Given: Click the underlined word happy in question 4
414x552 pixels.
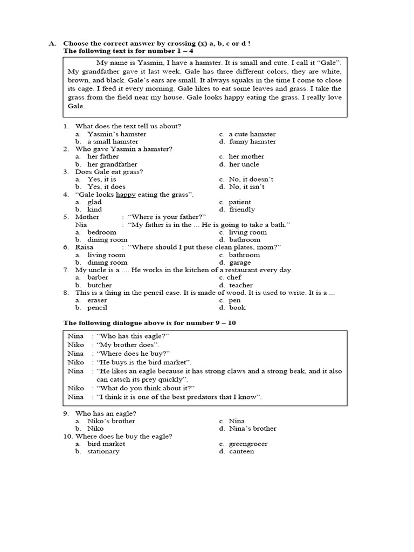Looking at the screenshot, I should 127,195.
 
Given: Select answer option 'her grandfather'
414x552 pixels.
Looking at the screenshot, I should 112,164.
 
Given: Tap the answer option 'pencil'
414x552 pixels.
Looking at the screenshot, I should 98,308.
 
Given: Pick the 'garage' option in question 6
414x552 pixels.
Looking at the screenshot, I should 240,263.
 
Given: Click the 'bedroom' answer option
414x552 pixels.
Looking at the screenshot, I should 102,232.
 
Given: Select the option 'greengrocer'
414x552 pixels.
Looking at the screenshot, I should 248,444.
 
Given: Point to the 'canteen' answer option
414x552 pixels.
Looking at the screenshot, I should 241,452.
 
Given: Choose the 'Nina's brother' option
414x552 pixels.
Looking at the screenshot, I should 252,429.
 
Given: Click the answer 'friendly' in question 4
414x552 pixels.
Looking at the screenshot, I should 242,210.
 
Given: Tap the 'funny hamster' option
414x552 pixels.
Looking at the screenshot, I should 252,142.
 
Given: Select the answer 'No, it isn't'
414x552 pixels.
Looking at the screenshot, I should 246,187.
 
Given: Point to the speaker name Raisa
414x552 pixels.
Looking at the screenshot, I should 85,247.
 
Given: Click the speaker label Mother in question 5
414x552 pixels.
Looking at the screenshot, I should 87,217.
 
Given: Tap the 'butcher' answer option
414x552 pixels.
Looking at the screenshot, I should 100,285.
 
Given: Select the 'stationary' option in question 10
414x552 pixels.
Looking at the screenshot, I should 103,452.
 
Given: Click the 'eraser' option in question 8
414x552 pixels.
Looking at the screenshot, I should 98,300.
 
